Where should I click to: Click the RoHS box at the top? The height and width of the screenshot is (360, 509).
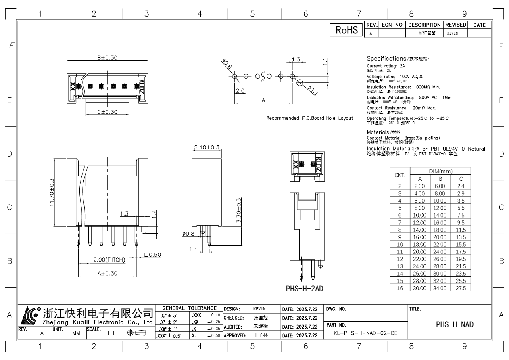click(x=345, y=30)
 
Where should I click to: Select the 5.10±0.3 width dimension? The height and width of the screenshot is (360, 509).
click(x=207, y=147)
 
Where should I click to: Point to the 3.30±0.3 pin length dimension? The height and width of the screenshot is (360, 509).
click(x=238, y=211)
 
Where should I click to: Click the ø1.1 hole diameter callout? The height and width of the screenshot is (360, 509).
click(x=313, y=91)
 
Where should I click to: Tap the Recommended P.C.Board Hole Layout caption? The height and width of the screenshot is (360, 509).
click(x=309, y=119)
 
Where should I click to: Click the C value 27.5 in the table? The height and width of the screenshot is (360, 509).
click(x=460, y=288)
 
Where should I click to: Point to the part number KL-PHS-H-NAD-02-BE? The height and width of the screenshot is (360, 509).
click(x=365, y=333)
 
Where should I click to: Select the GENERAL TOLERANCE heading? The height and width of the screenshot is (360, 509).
click(x=189, y=308)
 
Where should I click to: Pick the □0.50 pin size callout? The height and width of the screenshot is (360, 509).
click(x=152, y=255)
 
